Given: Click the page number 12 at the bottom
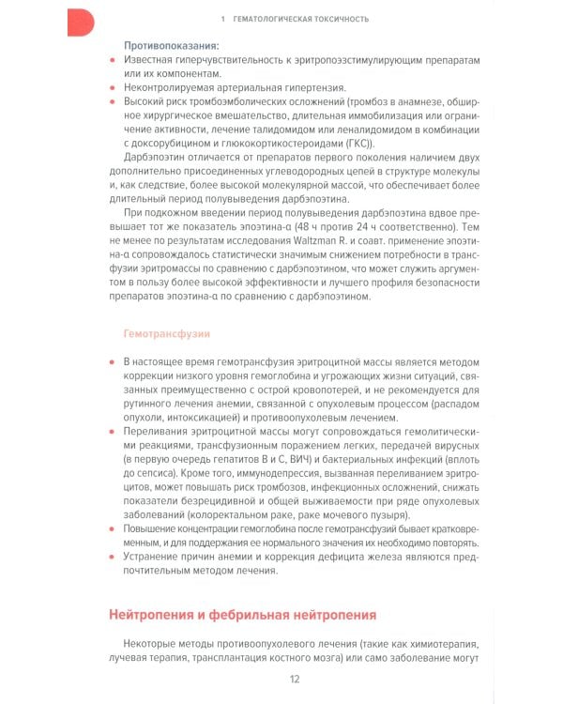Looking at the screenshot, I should coord(295,680).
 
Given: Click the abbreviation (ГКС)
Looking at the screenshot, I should coord(357,143).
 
